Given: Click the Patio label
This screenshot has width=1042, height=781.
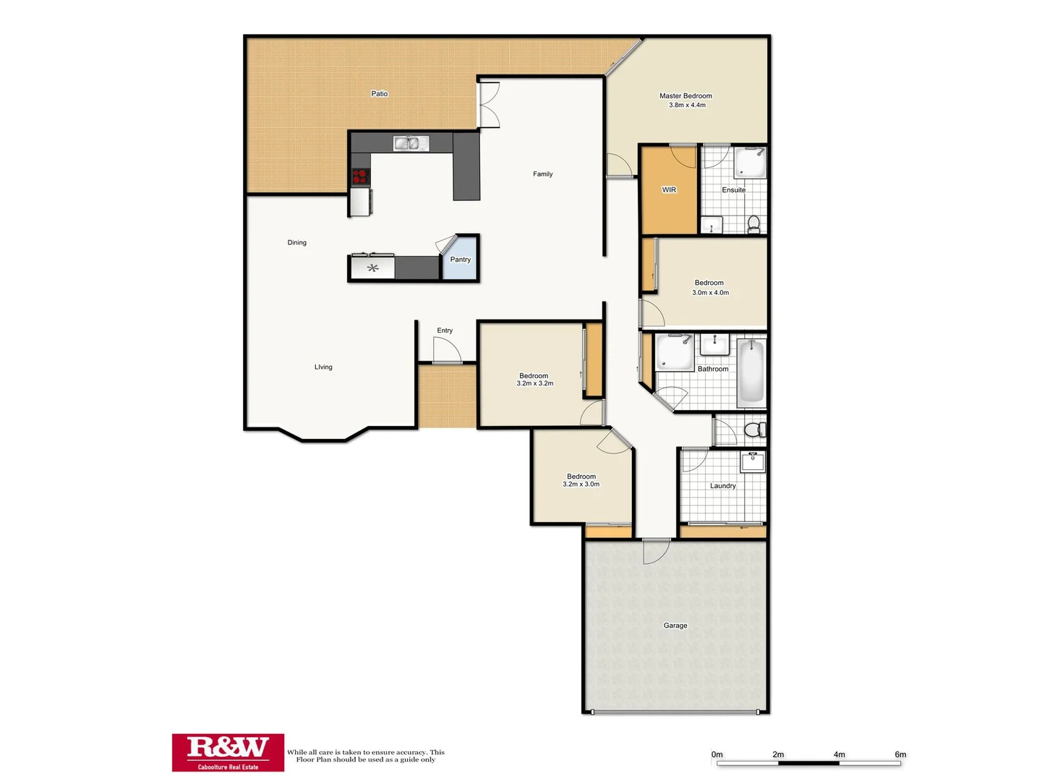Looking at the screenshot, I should pyautogui.click(x=379, y=93).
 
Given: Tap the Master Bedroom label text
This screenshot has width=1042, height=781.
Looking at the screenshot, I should pyautogui.click(x=686, y=95).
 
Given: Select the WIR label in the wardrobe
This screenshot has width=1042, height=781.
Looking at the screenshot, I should pyautogui.click(x=669, y=190).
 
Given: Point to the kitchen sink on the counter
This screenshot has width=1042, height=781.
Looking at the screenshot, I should pyautogui.click(x=411, y=143).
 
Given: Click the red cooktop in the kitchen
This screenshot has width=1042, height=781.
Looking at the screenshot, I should pyautogui.click(x=359, y=176).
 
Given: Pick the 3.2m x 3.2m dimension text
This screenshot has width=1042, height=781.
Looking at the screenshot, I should pyautogui.click(x=534, y=384).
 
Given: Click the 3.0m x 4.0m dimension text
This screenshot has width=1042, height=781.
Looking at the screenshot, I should pyautogui.click(x=710, y=293).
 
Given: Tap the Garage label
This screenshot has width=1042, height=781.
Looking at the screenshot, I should pyautogui.click(x=675, y=626).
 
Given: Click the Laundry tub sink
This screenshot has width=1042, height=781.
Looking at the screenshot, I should pyautogui.click(x=753, y=461).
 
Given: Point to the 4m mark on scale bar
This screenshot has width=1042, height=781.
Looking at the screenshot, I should pyautogui.click(x=839, y=754).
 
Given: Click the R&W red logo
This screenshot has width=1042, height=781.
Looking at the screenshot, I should pyautogui.click(x=228, y=752).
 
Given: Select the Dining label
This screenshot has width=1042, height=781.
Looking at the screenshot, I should pyautogui.click(x=296, y=243).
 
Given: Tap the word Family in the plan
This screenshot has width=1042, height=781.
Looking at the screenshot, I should pyautogui.click(x=542, y=174).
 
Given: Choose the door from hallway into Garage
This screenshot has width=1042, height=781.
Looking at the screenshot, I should pyautogui.click(x=656, y=550).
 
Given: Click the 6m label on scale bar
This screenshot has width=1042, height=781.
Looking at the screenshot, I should pyautogui.click(x=900, y=754).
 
